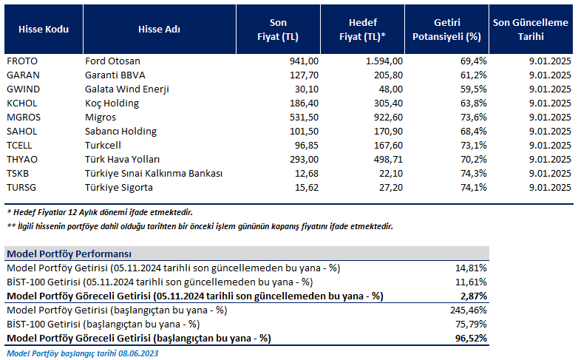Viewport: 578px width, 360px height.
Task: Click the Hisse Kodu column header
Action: [44, 29]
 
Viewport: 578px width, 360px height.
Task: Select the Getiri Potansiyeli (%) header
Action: [446, 30]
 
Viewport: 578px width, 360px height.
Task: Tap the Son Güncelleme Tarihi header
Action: [531, 30]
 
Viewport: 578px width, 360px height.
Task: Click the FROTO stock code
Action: [22, 61]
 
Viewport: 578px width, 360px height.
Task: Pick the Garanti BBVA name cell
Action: [115, 75]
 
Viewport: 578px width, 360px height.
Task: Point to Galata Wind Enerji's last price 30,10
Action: [307, 89]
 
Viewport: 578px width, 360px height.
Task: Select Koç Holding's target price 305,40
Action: [389, 103]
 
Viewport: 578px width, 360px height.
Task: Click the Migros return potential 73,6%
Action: [474, 118]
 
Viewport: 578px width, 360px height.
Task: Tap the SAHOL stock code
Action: [22, 132]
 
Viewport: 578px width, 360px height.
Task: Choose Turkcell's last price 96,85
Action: [307, 146]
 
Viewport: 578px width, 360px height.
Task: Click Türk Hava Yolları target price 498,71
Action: [389, 160]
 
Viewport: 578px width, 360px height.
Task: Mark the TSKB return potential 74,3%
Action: [474, 174]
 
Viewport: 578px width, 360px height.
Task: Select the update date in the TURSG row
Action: [550, 187]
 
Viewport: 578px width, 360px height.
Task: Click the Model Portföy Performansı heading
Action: [69, 254]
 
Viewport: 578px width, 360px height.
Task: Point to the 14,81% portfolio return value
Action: [471, 268]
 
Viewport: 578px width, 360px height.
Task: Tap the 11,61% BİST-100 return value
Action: [471, 282]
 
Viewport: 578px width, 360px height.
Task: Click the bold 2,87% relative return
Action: [473, 296]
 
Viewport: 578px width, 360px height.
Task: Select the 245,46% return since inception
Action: [469, 310]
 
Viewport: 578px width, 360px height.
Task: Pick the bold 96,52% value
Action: [471, 339]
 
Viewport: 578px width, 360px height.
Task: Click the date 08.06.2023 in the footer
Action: [138, 353]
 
